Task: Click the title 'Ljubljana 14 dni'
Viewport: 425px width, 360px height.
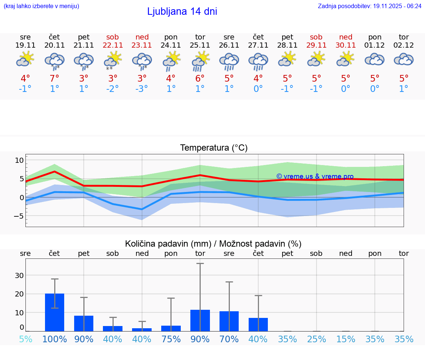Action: click(x=182, y=11)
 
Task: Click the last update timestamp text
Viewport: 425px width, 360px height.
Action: click(x=369, y=6)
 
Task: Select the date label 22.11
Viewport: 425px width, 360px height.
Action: click(x=113, y=45)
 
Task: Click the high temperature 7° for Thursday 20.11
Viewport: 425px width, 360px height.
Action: click(x=55, y=78)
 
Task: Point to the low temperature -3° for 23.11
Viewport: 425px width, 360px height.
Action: click(x=142, y=89)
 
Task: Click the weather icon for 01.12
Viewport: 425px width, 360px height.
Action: click(x=374, y=59)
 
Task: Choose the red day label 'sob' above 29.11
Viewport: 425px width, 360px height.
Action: click(x=316, y=37)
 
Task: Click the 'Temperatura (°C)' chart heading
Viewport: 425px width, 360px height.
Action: click(x=214, y=148)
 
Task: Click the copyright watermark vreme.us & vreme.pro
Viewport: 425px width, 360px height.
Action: click(x=315, y=176)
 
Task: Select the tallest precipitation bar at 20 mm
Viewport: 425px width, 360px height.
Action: click(x=55, y=312)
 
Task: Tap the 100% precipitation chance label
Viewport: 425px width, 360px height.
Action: click(x=55, y=339)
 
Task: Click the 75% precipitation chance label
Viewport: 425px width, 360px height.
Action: click(x=171, y=339)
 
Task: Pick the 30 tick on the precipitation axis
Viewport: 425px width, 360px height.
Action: click(x=19, y=275)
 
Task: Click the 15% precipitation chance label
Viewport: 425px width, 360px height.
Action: click(x=346, y=339)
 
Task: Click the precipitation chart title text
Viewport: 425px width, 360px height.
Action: click(x=213, y=244)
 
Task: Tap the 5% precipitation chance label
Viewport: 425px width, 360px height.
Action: click(x=25, y=339)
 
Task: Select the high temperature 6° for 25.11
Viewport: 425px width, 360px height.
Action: click(x=200, y=78)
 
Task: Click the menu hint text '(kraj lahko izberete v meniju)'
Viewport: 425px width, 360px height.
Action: click(x=41, y=6)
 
